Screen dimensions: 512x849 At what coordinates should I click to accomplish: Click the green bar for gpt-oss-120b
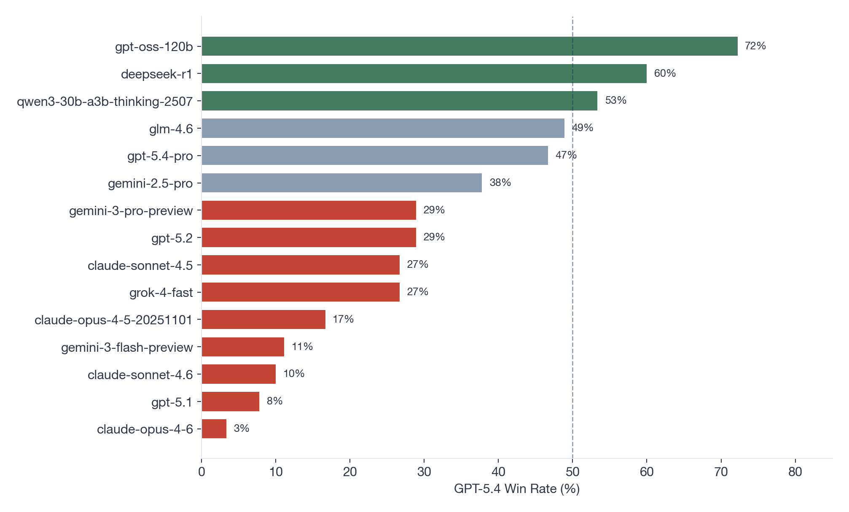coord(470,46)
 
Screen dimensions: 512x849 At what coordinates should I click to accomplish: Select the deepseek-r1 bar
coord(424,73)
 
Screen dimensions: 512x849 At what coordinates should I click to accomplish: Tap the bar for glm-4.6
coord(383,128)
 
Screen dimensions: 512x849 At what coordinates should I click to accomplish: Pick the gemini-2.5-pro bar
coord(341,183)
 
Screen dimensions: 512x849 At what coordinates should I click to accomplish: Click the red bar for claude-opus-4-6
coord(214,429)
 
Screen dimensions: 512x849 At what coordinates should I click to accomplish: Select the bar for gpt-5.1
coord(230,402)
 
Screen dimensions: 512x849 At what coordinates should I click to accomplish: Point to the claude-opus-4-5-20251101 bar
coord(263,319)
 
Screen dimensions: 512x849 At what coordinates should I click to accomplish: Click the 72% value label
coord(755,46)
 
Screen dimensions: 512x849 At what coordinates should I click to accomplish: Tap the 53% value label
coord(615,100)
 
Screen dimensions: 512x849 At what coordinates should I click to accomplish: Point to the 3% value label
coord(242,428)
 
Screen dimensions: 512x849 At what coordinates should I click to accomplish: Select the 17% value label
coord(343,319)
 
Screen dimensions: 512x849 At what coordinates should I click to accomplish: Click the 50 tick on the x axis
coord(572,472)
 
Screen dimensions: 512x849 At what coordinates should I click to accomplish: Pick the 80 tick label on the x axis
coord(795,472)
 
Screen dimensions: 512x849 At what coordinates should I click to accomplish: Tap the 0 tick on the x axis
coord(202,472)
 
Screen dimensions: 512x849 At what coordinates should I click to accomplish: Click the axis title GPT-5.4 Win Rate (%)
coord(517,489)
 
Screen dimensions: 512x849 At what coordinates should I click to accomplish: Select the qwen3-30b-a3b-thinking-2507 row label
coord(105,102)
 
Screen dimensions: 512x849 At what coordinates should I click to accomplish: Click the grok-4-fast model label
coord(161,293)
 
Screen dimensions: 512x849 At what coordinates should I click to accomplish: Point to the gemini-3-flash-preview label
coord(127,348)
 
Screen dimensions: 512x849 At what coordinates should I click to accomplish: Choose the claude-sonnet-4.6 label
coord(140,375)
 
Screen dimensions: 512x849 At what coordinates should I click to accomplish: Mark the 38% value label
coord(500,183)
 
